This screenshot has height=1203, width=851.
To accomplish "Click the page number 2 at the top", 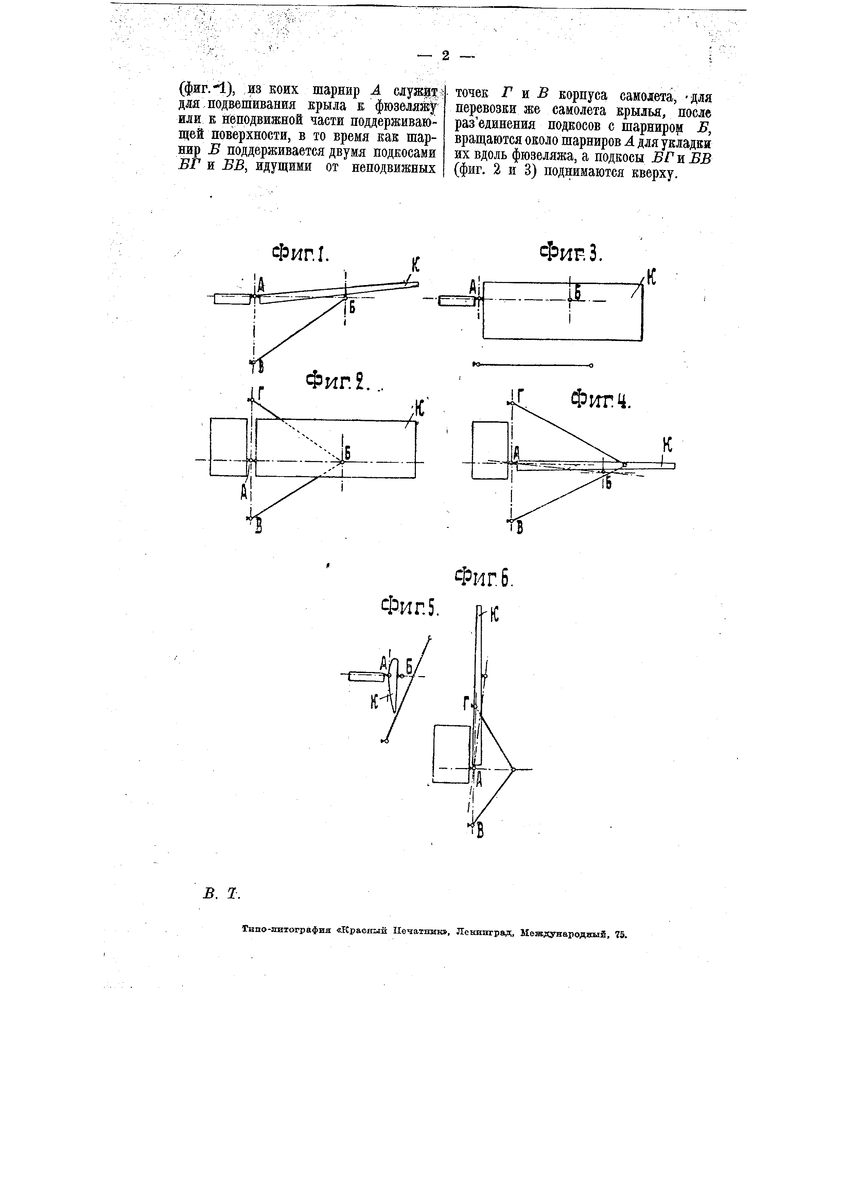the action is click(x=445, y=56).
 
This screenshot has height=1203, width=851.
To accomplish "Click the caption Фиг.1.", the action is click(x=300, y=254).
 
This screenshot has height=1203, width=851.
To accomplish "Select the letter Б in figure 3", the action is click(x=578, y=293).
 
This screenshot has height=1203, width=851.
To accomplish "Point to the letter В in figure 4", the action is click(x=520, y=529).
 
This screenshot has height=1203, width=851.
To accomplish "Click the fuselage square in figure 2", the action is click(x=229, y=447).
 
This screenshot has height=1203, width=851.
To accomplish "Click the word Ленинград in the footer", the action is click(x=485, y=933).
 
